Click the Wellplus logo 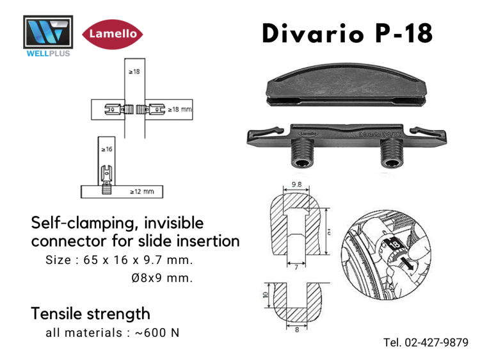[x=47, y=36]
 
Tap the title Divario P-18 [x=348, y=34]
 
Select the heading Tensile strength [x=90, y=313]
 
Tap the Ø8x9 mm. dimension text [x=161, y=278]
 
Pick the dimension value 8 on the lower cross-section [x=296, y=331]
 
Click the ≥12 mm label [x=141, y=191]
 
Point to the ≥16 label [x=106, y=149]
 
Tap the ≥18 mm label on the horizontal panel [x=180, y=110]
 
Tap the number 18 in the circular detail [x=391, y=245]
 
